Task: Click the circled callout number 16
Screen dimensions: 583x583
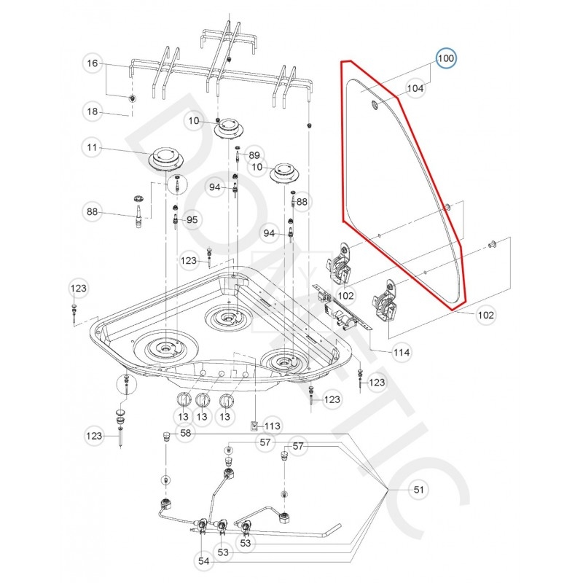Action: click(x=92, y=64)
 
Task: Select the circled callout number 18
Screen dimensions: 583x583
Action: click(x=92, y=112)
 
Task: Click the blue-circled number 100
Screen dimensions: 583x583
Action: click(x=446, y=58)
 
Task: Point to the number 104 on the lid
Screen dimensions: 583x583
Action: click(x=415, y=89)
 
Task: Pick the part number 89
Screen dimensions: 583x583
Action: click(x=254, y=155)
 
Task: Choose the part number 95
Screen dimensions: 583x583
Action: click(x=192, y=219)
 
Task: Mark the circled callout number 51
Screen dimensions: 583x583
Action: click(x=418, y=490)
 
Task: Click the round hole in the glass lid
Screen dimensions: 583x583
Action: click(x=375, y=107)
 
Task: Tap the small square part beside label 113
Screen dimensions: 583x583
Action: click(x=254, y=425)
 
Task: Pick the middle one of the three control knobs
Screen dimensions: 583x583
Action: click(x=204, y=400)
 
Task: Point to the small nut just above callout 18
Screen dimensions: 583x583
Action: click(x=132, y=98)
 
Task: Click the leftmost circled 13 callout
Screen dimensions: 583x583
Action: click(x=183, y=416)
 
